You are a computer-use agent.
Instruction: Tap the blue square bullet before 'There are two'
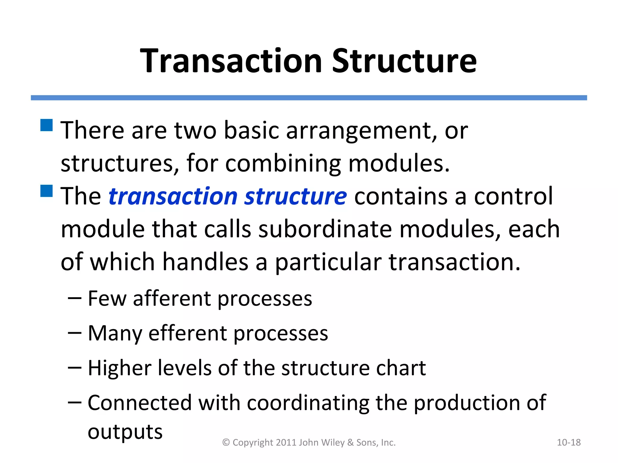coord(46,125)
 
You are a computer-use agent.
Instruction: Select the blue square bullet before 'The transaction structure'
coord(46,191)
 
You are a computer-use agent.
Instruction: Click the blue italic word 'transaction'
coord(173,196)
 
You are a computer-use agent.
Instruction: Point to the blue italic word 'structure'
coord(295,196)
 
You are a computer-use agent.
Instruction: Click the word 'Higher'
coord(119,368)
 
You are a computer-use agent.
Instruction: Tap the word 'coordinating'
coord(307,403)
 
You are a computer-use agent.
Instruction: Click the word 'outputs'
coord(125,432)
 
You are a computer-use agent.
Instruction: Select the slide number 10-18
coord(569,443)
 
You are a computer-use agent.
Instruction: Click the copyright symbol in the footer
coord(226,443)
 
